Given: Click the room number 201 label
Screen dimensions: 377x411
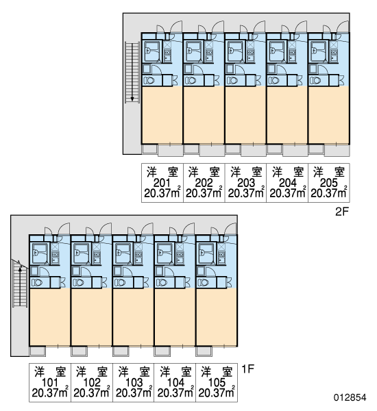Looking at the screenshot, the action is (x=162, y=183).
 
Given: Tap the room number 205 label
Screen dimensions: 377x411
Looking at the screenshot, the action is (x=328, y=183).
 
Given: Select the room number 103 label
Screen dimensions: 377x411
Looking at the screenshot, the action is (x=134, y=383).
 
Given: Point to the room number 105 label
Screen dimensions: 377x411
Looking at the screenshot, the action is (x=217, y=383).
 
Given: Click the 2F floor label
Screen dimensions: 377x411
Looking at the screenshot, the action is (x=341, y=212).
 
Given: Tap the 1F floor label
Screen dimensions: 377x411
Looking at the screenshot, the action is (x=247, y=369).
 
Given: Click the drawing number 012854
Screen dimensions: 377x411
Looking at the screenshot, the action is (x=350, y=397).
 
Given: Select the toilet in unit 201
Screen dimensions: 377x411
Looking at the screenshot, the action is (x=149, y=80).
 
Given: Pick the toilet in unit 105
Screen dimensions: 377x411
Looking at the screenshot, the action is (x=204, y=282).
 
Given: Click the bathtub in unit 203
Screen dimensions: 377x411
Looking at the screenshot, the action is (x=234, y=51).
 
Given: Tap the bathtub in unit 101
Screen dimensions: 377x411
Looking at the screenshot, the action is (x=39, y=253).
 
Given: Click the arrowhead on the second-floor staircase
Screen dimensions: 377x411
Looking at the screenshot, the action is (x=132, y=99).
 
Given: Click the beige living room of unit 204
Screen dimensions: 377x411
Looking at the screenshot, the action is (x=287, y=115).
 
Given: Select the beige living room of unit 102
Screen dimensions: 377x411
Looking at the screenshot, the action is (x=91, y=317).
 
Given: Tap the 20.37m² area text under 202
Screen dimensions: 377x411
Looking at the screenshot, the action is (x=204, y=193).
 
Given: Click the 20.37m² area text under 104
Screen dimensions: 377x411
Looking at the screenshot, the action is (x=175, y=393).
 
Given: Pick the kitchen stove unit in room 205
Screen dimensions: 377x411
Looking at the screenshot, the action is (x=334, y=54).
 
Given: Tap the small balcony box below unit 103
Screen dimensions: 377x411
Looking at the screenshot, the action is (x=121, y=351).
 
